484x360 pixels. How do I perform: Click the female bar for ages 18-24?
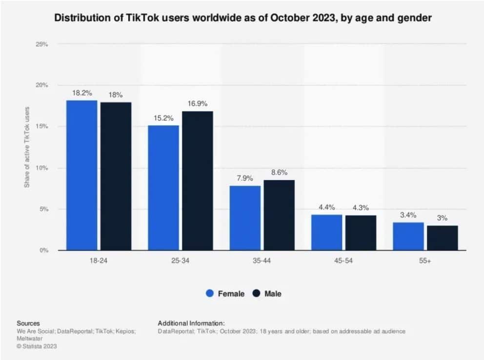coord(81,176)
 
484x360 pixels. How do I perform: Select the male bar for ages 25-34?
coord(198,181)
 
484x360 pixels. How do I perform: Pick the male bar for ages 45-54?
coord(361,233)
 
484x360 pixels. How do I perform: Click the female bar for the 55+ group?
coord(408,237)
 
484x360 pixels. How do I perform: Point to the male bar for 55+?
coord(443,238)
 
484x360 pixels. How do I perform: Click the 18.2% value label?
coord(81,93)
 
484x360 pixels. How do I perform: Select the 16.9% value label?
coord(198,103)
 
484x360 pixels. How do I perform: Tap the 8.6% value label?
coord(279,172)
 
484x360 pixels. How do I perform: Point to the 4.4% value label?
coord(326,207)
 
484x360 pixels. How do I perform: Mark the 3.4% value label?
coord(408,215)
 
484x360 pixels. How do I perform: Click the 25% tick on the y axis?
coord(42,44)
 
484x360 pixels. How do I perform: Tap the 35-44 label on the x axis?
coord(262,261)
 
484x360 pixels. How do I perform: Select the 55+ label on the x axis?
coord(425,261)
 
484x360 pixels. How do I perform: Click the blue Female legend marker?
coord(210,294)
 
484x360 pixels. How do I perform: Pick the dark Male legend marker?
coord(257,294)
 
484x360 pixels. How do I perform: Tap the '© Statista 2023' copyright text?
coord(37,346)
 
